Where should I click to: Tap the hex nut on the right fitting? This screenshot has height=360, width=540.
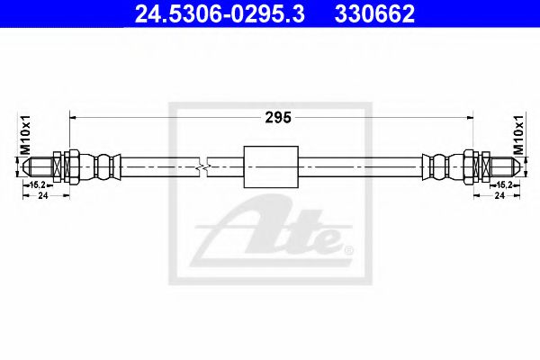tap(481, 166)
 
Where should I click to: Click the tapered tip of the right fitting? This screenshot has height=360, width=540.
tap(506, 166)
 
